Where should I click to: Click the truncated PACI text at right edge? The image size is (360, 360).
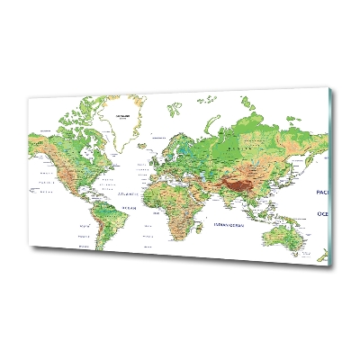[x=322, y=193]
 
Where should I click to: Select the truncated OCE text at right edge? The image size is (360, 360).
[x=323, y=213]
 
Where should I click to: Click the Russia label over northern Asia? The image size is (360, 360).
[x=236, y=143]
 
